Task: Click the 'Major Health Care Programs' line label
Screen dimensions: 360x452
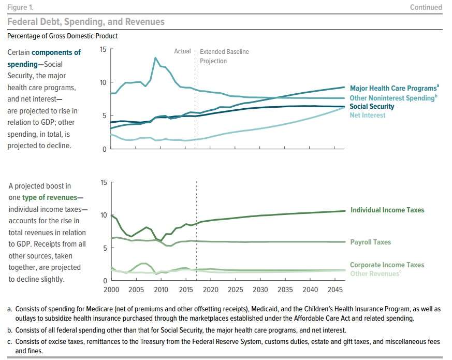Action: pos(392,88)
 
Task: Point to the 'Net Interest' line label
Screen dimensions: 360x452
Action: pos(368,116)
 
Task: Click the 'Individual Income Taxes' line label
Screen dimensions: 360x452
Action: pos(387,210)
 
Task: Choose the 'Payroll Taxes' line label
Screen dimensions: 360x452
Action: pos(371,242)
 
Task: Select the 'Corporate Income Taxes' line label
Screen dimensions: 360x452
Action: pos(387,265)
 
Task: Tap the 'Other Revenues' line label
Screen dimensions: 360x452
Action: pos(375,273)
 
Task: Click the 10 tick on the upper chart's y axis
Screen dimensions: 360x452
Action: pos(103,82)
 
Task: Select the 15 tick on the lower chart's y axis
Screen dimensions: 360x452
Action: pos(103,182)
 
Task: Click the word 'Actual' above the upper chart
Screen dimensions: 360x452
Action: pos(182,52)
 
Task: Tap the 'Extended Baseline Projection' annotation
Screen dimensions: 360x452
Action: pos(224,56)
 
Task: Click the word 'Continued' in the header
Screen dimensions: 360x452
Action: pos(426,7)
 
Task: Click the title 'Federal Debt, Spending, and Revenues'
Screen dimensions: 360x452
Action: pos(85,22)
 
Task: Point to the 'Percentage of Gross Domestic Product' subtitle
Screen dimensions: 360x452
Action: pos(62,36)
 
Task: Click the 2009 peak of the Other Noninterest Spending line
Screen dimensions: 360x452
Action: pos(155,57)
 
